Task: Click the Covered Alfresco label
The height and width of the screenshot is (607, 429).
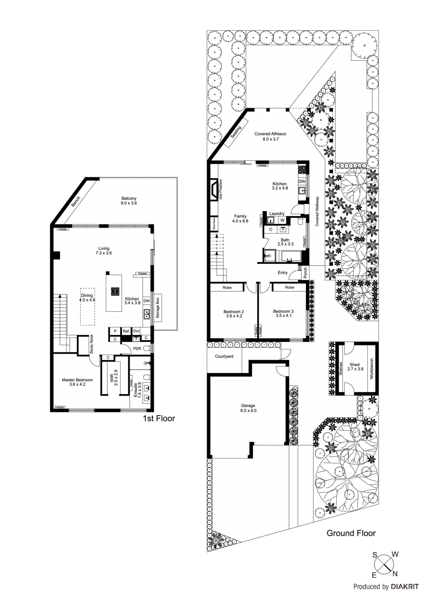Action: click(270, 136)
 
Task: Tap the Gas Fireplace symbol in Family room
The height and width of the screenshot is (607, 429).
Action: click(214, 189)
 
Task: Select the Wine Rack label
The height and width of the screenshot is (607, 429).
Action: click(214, 224)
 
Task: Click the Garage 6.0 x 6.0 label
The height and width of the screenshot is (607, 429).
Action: click(248, 408)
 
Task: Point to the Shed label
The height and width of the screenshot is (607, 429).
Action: click(355, 366)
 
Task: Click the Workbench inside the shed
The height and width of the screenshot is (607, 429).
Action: click(371, 368)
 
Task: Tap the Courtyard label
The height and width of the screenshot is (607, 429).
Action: click(224, 356)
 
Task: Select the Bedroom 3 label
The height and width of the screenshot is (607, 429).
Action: click(283, 313)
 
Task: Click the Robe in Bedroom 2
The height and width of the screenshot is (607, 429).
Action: click(227, 288)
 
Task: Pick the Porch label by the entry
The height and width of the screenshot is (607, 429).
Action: click(305, 273)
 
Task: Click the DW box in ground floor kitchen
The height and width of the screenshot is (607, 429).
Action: click(302, 182)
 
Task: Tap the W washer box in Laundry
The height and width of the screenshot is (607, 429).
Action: click(282, 220)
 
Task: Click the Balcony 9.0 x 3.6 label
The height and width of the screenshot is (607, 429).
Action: click(129, 201)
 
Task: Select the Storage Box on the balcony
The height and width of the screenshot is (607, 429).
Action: click(157, 308)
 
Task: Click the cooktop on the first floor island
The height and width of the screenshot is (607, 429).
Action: click(115, 291)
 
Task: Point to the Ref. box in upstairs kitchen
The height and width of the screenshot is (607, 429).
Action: click(126, 331)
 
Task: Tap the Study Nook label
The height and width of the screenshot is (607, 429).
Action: click(91, 344)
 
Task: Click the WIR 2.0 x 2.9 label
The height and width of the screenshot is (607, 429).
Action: click(114, 377)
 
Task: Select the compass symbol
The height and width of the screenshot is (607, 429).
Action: click(385, 565)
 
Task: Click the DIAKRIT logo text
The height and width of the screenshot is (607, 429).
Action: click(405, 587)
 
